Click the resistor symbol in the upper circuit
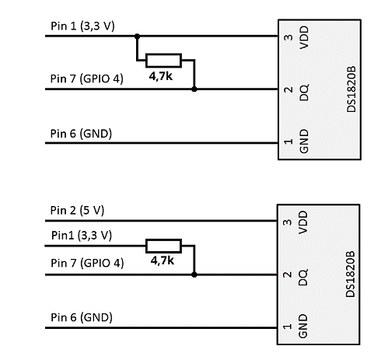[163, 61]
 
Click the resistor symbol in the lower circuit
[163, 246]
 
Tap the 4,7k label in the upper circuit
[161, 76]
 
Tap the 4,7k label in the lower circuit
[163, 260]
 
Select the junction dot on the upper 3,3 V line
[137, 37]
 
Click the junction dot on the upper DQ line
[194, 89]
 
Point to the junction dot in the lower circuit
[194, 274]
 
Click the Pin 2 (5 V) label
[77, 211]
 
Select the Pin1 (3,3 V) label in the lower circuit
[82, 236]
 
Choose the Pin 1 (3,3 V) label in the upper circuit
[82, 26]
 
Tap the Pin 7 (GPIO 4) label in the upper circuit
[87, 79]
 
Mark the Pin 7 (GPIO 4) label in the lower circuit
[87, 263]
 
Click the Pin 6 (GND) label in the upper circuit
[81, 134]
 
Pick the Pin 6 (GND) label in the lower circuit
[82, 317]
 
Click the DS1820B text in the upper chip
[351, 89]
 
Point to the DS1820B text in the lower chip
[351, 274]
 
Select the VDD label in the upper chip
[304, 37]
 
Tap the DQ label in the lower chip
[303, 277]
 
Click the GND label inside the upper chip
[304, 142]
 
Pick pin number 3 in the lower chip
[287, 222]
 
